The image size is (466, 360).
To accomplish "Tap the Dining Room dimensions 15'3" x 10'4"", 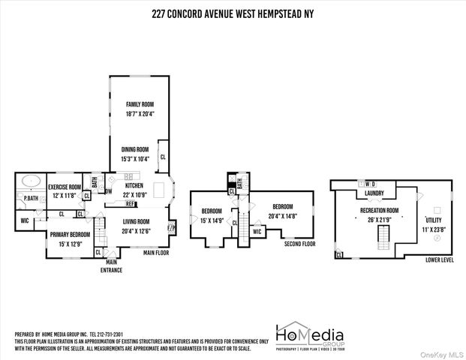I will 135,158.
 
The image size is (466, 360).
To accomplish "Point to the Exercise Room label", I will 64,187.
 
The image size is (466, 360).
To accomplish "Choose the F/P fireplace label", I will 170,227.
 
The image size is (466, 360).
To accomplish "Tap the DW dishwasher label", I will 109,190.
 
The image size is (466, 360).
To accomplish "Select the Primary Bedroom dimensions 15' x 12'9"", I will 70,244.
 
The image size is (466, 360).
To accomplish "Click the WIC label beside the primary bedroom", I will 25,220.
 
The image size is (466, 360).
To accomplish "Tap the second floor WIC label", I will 257,232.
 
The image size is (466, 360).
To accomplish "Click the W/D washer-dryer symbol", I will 370,184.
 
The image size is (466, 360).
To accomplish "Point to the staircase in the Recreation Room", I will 381,238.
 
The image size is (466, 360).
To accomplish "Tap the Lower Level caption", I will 439,260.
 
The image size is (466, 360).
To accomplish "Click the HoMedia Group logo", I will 308,336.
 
